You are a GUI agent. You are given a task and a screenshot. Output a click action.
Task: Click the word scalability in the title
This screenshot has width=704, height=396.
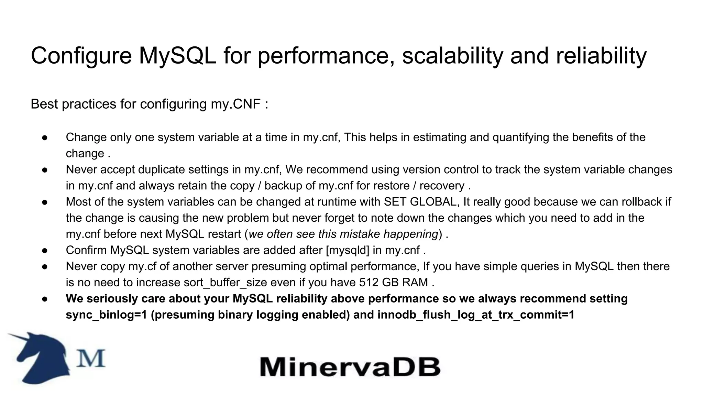pyautogui.click(x=453, y=56)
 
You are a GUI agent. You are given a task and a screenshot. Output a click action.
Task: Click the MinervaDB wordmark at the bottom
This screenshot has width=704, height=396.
pyautogui.click(x=350, y=367)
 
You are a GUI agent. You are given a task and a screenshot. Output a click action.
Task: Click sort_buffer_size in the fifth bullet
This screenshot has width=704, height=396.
pyautogui.click(x=225, y=282)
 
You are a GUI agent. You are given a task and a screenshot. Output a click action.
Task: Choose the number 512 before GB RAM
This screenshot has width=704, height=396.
pyautogui.click(x=369, y=282)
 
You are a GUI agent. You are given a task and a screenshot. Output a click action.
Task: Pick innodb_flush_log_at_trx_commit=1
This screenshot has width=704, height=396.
pyautogui.click(x=476, y=315)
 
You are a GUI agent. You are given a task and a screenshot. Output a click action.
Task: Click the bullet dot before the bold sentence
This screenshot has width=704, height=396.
pyautogui.click(x=45, y=299)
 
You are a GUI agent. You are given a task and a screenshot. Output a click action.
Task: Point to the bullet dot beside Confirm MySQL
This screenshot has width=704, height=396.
pyautogui.click(x=45, y=250)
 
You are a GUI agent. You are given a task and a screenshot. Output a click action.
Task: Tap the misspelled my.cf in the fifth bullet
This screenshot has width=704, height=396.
pyautogui.click(x=143, y=266)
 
